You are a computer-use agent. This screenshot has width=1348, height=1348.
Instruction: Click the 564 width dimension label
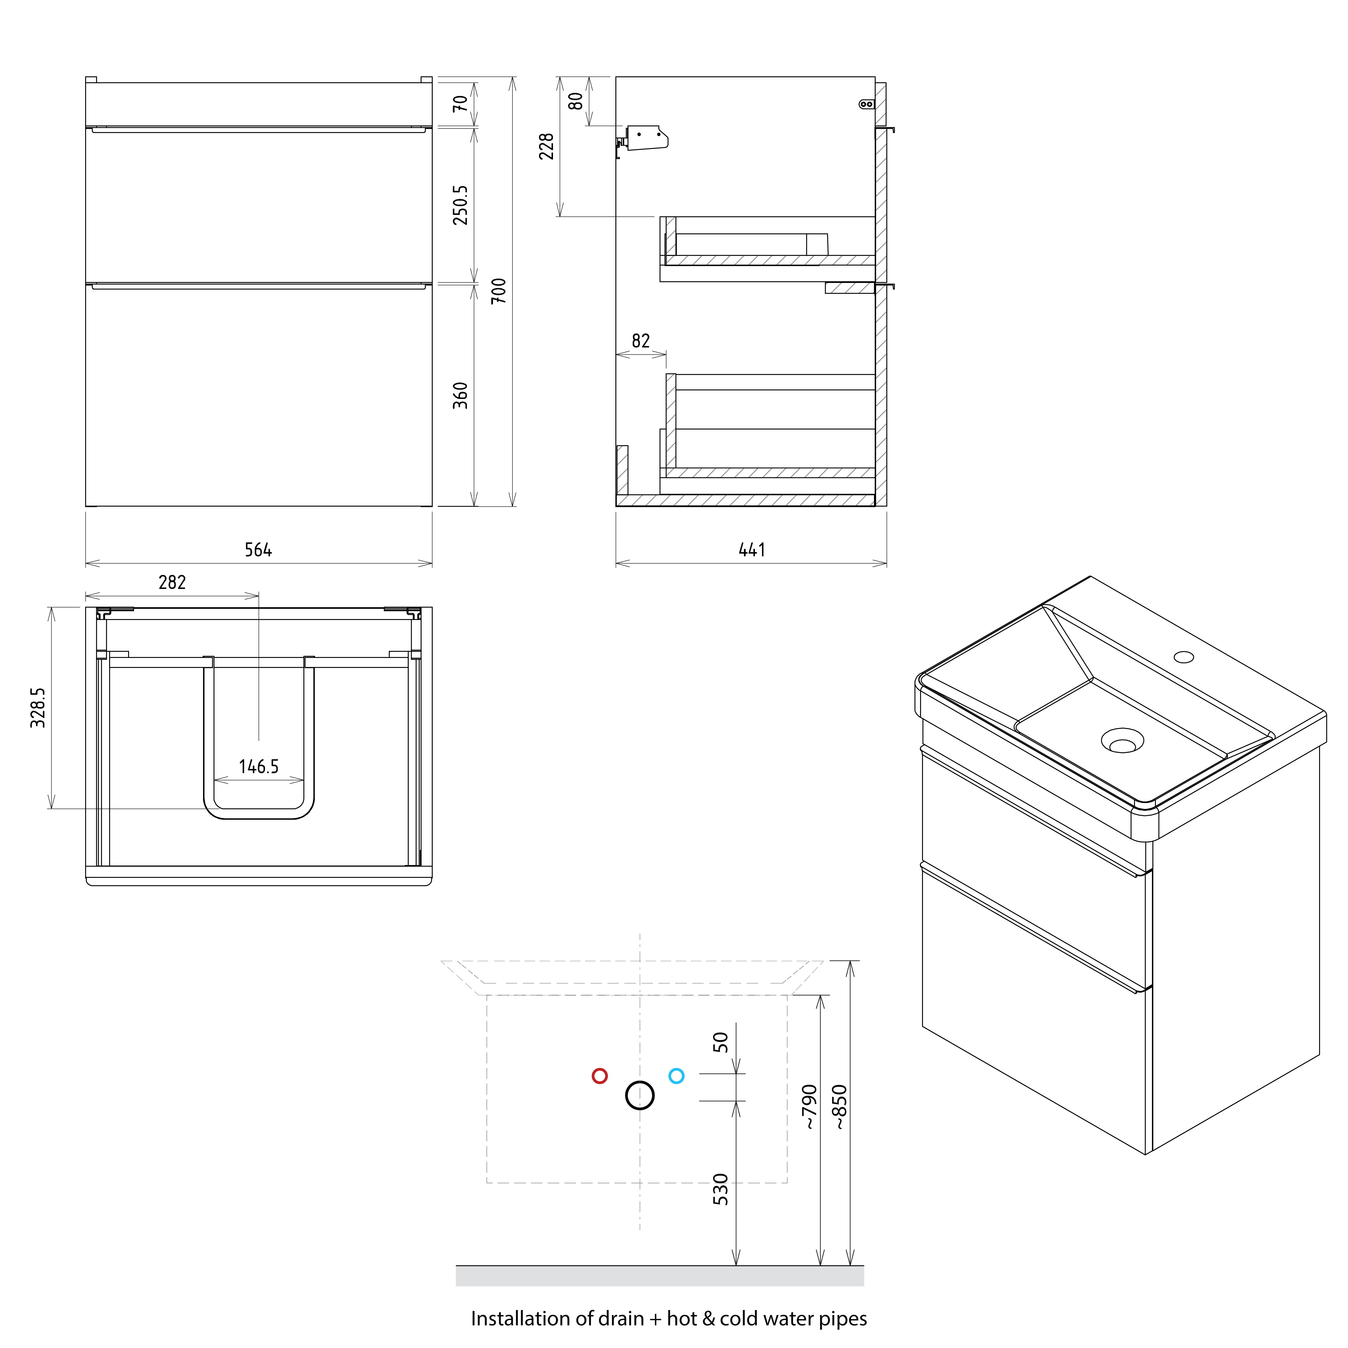pos(258,550)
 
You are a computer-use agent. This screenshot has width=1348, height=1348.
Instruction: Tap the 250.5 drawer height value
pos(460,205)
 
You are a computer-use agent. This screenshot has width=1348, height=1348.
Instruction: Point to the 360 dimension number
pos(460,396)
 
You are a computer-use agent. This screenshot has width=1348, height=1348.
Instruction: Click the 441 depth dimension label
pos(751,550)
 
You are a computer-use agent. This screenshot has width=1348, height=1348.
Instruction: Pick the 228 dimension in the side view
pos(546,146)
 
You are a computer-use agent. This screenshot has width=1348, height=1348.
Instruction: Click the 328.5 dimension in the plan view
pos(38,708)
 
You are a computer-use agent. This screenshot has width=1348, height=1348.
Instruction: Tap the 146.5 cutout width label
pos(258,767)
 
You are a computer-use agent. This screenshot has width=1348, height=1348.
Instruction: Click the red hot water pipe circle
pos(599,1076)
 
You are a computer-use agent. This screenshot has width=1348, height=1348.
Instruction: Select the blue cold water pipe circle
pos(676,1076)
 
